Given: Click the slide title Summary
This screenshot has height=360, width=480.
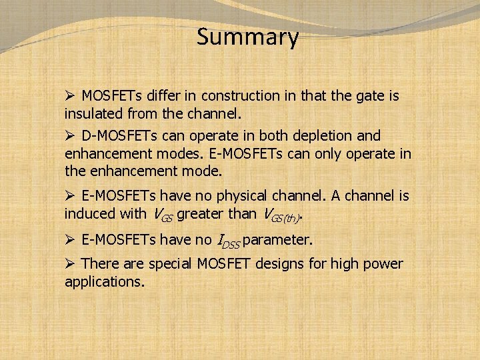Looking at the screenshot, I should pos(247,38).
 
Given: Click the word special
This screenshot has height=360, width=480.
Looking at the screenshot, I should pos(170,264).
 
